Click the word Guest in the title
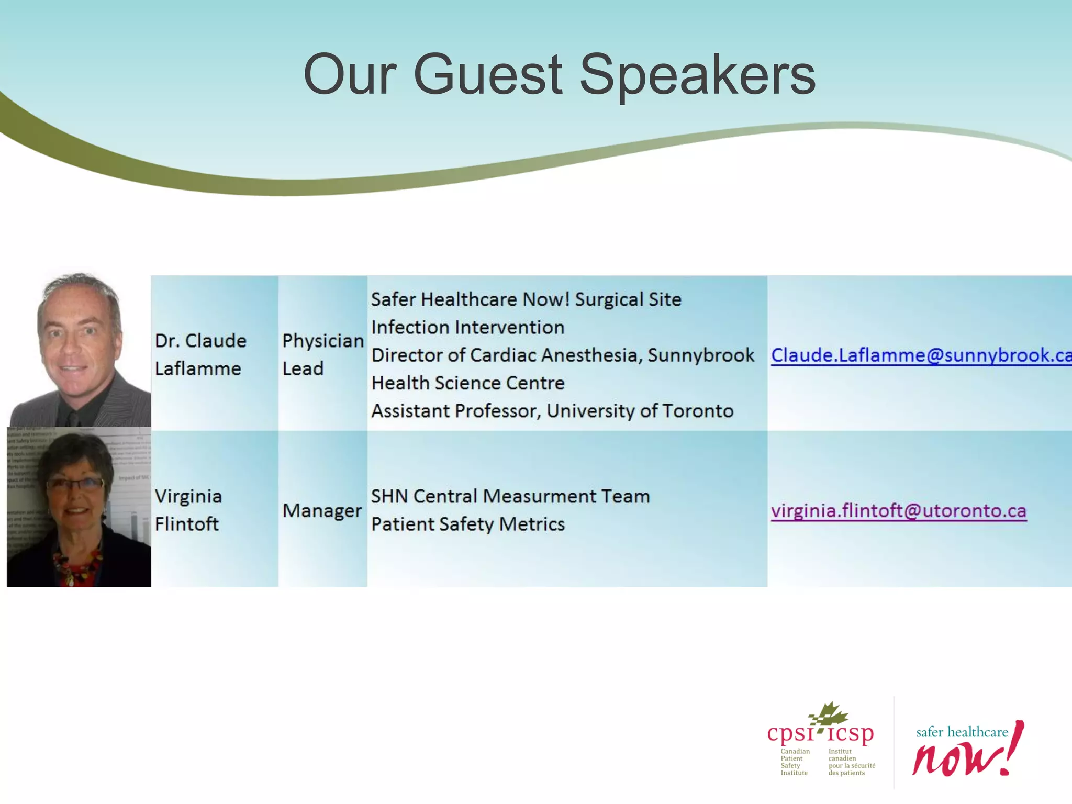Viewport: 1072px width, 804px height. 487,74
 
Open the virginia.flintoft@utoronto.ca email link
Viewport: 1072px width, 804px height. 898,511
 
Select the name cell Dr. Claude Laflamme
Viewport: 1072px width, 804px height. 200,354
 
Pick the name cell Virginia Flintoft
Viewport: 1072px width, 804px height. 188,510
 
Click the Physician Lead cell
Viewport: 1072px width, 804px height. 322,354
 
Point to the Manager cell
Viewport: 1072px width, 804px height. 321,511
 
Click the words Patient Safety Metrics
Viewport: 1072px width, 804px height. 467,524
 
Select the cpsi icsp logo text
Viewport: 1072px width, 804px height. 820,733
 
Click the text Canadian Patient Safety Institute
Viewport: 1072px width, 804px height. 794,762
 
